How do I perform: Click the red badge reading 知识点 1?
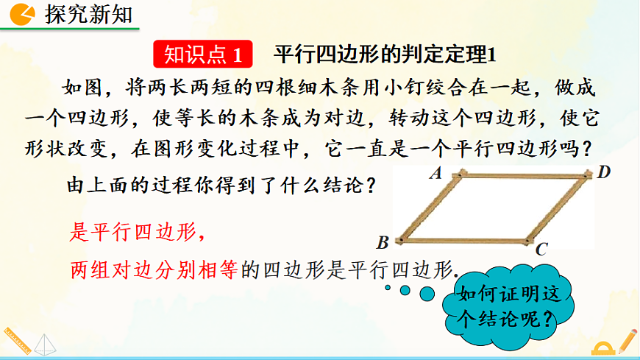[204, 54]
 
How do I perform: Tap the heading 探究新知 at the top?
[89, 14]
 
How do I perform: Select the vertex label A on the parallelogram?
[435, 174]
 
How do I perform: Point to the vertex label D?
[604, 173]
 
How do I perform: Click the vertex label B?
[383, 241]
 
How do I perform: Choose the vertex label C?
[541, 250]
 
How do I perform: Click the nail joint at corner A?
[461, 174]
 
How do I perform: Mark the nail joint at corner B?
[401, 240]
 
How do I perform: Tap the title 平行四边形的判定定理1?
[385, 54]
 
